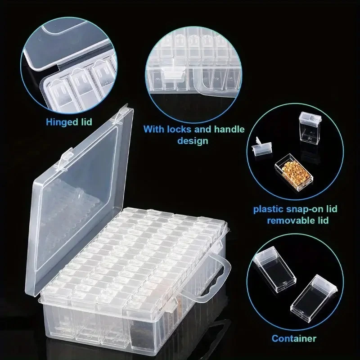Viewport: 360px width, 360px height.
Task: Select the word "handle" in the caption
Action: point(227,130)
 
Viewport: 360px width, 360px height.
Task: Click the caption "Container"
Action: point(293,338)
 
